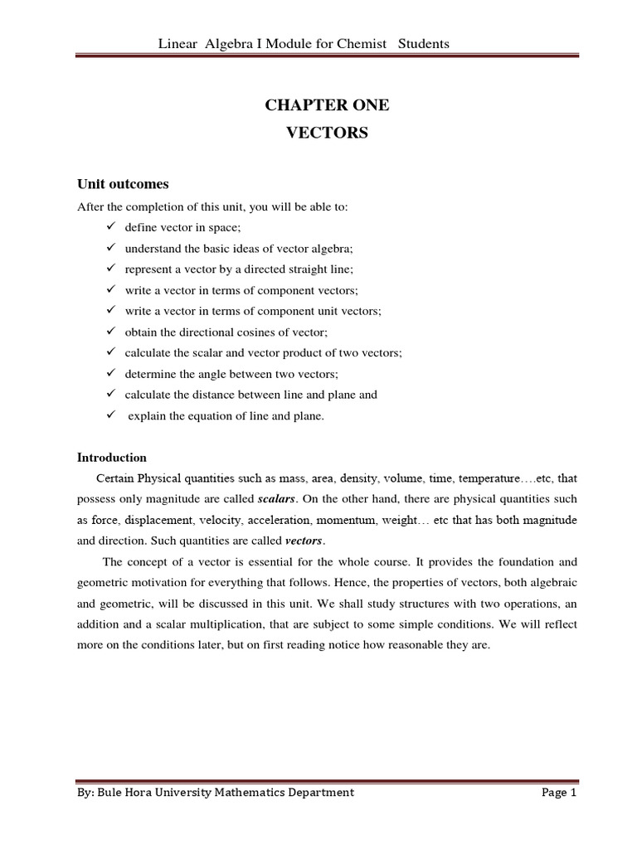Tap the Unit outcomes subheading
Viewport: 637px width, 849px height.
pos(123,183)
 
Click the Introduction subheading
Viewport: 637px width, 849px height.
pos(112,457)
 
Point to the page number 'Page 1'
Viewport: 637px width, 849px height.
pos(558,792)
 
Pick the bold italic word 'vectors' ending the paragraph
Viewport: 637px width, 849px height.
pos(304,541)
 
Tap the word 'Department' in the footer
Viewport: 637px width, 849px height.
pos(318,792)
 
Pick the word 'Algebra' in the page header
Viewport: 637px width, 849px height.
pos(215,43)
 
